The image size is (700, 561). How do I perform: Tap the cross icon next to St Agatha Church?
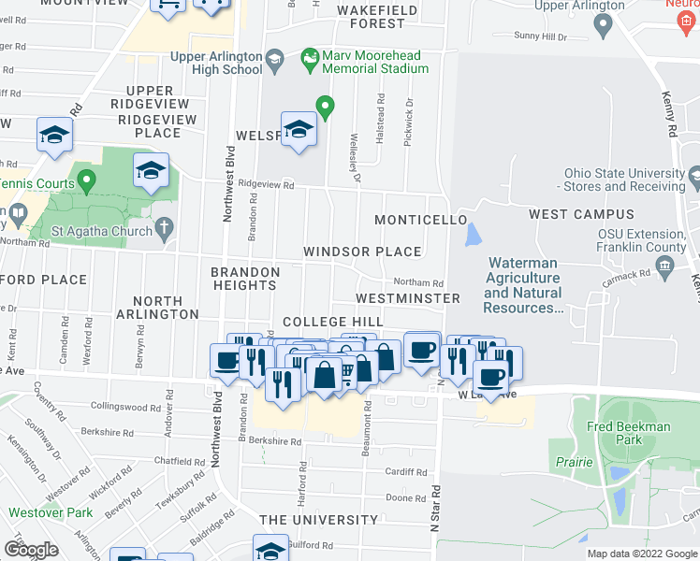tap(165, 227)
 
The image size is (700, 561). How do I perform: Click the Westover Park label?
tap(51, 512)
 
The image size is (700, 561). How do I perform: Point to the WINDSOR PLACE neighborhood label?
tap(361, 252)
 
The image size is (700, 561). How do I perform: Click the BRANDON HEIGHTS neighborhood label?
tap(245, 280)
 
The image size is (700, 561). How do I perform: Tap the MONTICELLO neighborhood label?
tap(420, 220)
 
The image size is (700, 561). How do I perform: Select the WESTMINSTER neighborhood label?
tap(408, 298)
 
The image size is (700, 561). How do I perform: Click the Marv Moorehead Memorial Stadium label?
tap(375, 62)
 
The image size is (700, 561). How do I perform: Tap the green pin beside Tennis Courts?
tap(86, 178)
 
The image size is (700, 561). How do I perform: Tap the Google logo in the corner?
tap(31, 550)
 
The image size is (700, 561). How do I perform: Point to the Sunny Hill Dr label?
tap(541, 36)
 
